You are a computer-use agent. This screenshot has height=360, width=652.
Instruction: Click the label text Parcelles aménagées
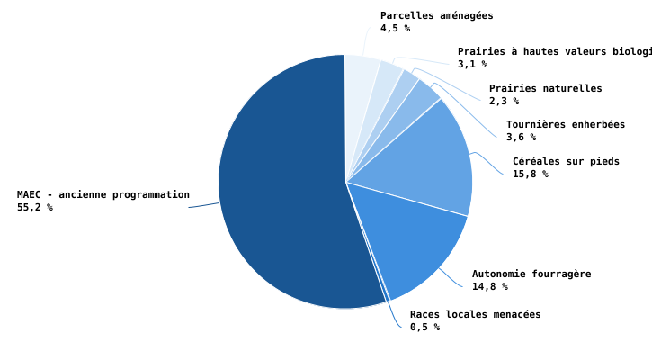pyautogui.click(x=436, y=16)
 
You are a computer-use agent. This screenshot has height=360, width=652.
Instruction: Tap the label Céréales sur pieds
pyautogui.click(x=566, y=162)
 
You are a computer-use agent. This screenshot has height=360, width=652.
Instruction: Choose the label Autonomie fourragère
pyautogui.click(x=531, y=274)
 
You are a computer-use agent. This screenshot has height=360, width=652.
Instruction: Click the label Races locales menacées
pyautogui.click(x=475, y=315)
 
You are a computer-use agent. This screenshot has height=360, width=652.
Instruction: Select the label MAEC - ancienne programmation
pyautogui.click(x=103, y=195)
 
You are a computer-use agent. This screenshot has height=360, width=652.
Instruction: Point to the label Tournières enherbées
pyautogui.click(x=565, y=125)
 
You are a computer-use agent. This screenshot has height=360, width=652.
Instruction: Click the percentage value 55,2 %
pyautogui.click(x=34, y=208)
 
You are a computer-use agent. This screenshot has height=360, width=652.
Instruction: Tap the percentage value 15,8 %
pyautogui.click(x=530, y=175)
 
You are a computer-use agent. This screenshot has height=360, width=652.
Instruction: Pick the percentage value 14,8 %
pyautogui.click(x=489, y=287)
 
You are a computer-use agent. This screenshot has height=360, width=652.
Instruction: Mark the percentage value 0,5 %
pyautogui.click(x=424, y=328)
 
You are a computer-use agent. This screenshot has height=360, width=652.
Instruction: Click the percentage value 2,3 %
pyautogui.click(x=504, y=102)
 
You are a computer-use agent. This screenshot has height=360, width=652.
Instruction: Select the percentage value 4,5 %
pyautogui.click(x=395, y=29)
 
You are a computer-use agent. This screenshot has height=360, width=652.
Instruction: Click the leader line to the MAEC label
pyautogui.click(x=204, y=205)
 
